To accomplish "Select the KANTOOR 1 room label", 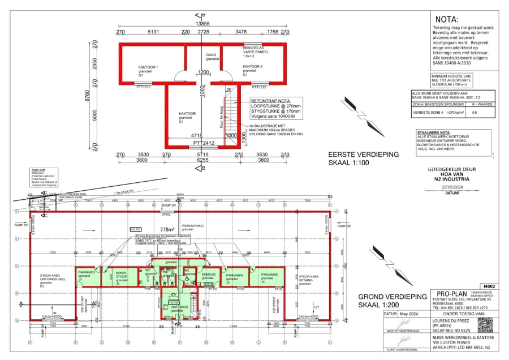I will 148,67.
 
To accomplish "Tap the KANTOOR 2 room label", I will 253,67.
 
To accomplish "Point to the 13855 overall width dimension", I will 203,24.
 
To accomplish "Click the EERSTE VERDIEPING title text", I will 364,154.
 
